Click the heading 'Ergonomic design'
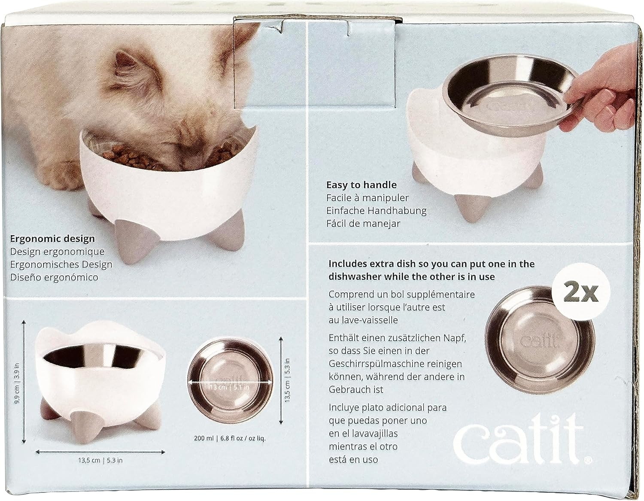pos(52,239)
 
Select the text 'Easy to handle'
pos(361,185)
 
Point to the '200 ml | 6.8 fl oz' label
pos(230,438)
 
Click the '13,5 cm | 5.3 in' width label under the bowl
pos(100,460)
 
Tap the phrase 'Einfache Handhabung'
pos(376,211)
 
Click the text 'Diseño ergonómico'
pos(54,277)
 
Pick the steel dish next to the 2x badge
pos(540,340)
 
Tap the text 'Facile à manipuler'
pos(367,198)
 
